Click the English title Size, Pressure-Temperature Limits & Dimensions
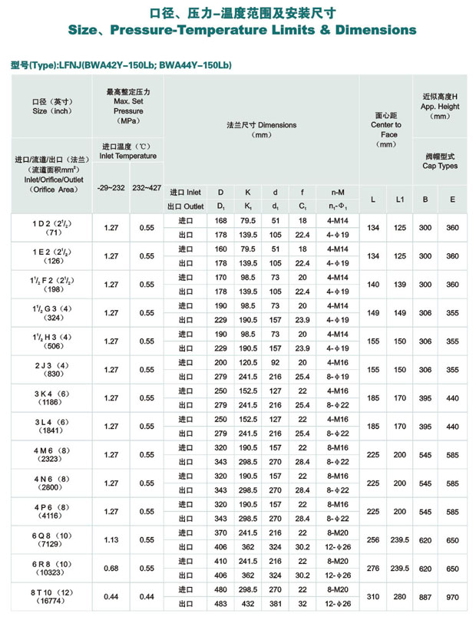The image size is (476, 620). coord(238,31)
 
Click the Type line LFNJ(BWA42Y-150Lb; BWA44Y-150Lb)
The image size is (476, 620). coord(123,67)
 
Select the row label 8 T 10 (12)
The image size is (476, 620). coord(52,592)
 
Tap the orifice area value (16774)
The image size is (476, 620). coord(52,602)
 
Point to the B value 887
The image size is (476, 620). coord(424,597)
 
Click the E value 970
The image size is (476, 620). coord(453,597)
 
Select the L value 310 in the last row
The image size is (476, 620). coord(373,597)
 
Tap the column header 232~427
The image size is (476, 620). coord(147,186)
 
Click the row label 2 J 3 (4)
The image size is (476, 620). coord(52,364)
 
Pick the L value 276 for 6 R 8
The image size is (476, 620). coord(373,569)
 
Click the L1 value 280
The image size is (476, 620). coord(399,597)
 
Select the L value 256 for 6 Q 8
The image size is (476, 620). coord(373,540)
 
